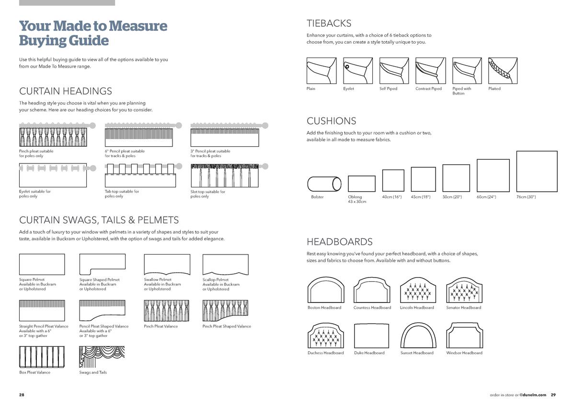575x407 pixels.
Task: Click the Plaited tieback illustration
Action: click(503, 70)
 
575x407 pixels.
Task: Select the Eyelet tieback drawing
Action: click(357, 70)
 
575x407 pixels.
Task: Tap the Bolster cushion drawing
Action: click(324, 184)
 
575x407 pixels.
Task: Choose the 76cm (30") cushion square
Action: click(537, 171)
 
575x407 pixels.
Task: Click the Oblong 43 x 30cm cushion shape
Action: click(361, 184)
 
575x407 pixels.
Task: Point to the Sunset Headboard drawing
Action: click(418, 335)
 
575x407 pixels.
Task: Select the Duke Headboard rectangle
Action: click(371, 335)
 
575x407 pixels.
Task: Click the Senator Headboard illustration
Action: click(464, 290)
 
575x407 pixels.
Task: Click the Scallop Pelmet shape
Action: click(225, 264)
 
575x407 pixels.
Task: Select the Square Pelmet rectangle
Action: click(42, 264)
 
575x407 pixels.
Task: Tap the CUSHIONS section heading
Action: click(331, 121)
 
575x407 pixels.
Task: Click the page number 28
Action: click(22, 395)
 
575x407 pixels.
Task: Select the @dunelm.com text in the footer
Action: click(533, 395)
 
